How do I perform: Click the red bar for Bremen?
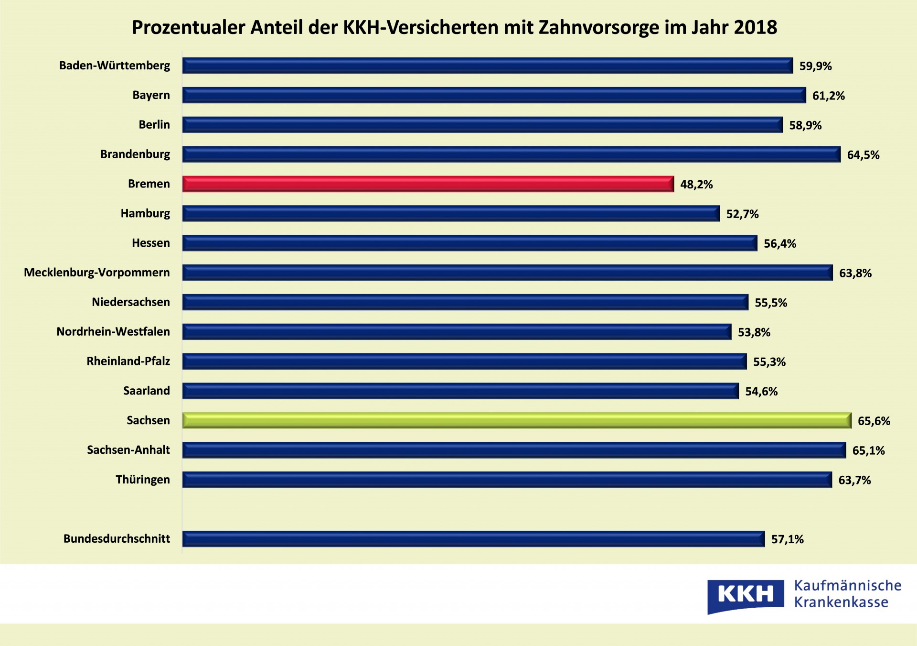click(x=428, y=184)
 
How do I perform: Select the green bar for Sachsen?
click(x=517, y=420)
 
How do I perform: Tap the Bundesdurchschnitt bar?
click(x=473, y=539)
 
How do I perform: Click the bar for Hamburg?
click(x=451, y=213)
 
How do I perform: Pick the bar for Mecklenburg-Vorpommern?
click(x=507, y=273)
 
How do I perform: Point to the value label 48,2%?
click(x=696, y=185)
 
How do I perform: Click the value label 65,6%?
click(x=874, y=421)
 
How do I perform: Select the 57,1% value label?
click(x=788, y=539)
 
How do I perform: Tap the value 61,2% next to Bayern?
click(x=829, y=96)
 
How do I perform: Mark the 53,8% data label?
click(x=754, y=332)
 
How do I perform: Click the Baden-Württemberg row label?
click(x=115, y=66)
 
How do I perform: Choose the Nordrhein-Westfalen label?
click(x=113, y=331)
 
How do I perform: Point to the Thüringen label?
click(x=143, y=480)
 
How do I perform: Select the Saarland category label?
click(x=147, y=391)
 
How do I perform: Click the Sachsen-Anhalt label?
click(x=128, y=450)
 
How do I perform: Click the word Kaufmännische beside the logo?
click(x=848, y=586)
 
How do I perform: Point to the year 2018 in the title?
click(x=756, y=27)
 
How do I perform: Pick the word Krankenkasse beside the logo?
click(x=841, y=602)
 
